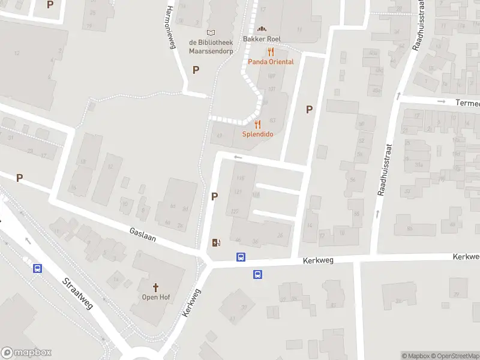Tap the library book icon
tap(210, 32)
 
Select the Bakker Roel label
tap(262, 39)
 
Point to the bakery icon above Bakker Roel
tap(261, 29)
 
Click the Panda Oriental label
tap(271, 62)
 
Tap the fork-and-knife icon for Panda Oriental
tap(271, 52)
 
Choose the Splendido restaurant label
tap(258, 134)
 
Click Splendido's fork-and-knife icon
tap(258, 124)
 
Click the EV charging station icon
tap(216, 243)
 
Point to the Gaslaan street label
tap(143, 234)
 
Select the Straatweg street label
tap(78, 293)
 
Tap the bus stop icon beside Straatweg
tap(37, 268)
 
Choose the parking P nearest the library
tap(196, 70)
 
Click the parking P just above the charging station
tap(214, 196)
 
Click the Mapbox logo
tap(26, 353)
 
